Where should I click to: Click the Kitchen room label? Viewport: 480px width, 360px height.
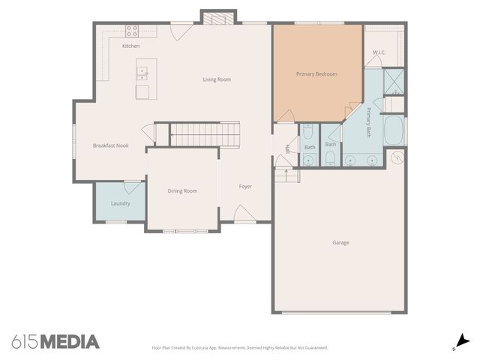point(130,46)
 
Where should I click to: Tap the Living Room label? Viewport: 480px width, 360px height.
point(217,79)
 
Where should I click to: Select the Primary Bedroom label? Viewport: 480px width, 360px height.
point(316,74)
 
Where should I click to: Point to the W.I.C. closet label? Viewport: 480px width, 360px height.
point(379,52)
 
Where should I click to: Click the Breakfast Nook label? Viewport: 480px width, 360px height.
point(111,145)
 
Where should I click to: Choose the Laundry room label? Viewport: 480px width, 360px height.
point(120,203)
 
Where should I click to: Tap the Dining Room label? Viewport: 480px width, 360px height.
point(182,191)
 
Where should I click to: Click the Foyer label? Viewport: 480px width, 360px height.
point(245,186)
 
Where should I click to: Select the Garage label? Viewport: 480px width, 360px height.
point(340,242)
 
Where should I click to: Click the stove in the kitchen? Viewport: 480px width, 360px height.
point(132,31)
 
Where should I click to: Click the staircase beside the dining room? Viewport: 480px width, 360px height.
point(204,135)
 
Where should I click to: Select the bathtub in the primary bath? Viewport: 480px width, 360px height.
point(393,132)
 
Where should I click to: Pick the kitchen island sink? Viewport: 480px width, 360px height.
point(142,73)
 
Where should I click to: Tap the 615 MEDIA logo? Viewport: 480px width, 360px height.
point(55,342)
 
